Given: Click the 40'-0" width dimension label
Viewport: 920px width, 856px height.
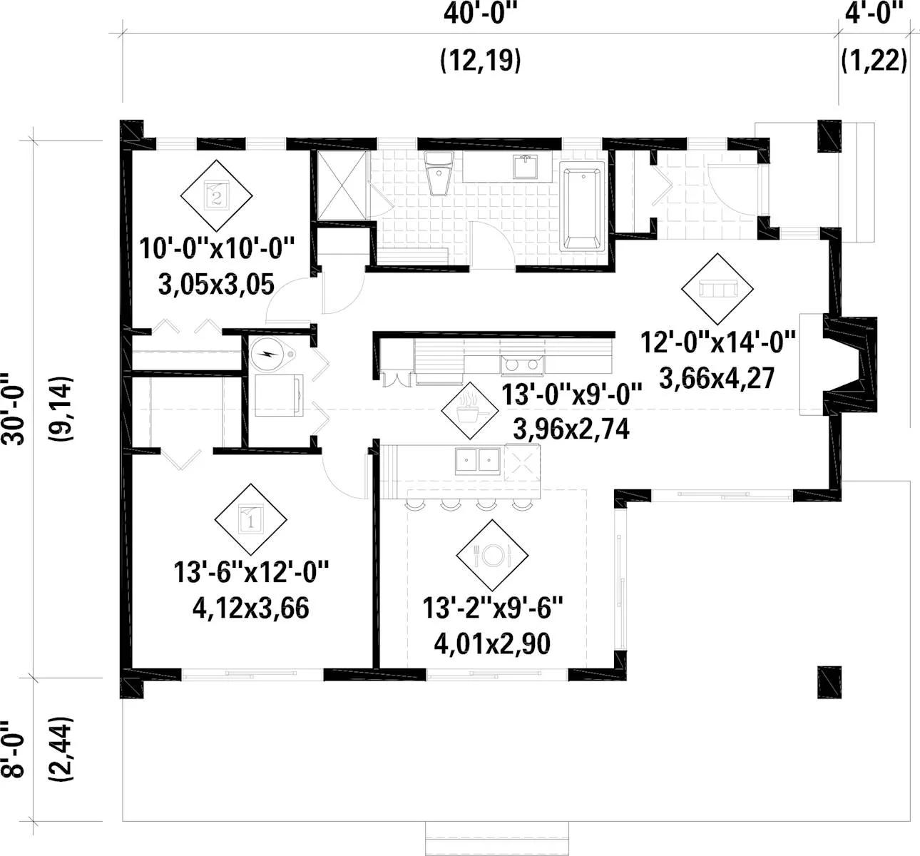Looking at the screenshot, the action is (x=480, y=14).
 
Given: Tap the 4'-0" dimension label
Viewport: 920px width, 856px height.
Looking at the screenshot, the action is (x=874, y=14).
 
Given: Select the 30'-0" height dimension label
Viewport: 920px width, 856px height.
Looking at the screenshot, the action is (x=14, y=409).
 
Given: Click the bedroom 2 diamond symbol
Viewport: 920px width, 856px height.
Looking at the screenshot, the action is (x=216, y=195).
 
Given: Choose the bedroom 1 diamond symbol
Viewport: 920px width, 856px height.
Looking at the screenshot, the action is (x=250, y=519).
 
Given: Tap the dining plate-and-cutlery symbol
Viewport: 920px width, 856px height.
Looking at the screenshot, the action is (x=492, y=555).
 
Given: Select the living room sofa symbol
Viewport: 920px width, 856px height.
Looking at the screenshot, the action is (x=717, y=289).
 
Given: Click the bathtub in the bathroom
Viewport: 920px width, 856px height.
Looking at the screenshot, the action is (x=582, y=207).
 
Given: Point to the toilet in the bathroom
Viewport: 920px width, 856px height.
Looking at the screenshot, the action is (x=438, y=173).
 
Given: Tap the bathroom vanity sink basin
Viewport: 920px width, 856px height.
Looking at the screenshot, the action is (x=526, y=167).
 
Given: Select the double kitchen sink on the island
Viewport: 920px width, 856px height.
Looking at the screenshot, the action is (x=478, y=461).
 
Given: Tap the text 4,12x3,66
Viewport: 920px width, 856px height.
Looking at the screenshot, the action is (x=251, y=608).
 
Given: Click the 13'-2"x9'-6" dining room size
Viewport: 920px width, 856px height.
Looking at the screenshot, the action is (x=492, y=608).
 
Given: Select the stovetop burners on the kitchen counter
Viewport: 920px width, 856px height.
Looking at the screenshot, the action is (x=522, y=365).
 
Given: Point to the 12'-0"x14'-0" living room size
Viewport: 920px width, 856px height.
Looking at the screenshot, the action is (x=718, y=343).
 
